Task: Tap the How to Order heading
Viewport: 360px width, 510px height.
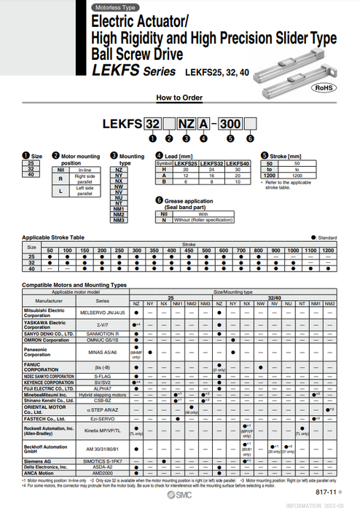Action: [179, 97]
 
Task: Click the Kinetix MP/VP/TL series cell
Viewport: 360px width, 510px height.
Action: [102, 431]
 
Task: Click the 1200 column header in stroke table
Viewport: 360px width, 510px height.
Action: [329, 250]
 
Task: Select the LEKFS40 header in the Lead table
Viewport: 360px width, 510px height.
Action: [235, 164]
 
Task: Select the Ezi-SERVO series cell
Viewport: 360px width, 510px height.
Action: [102, 419]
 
